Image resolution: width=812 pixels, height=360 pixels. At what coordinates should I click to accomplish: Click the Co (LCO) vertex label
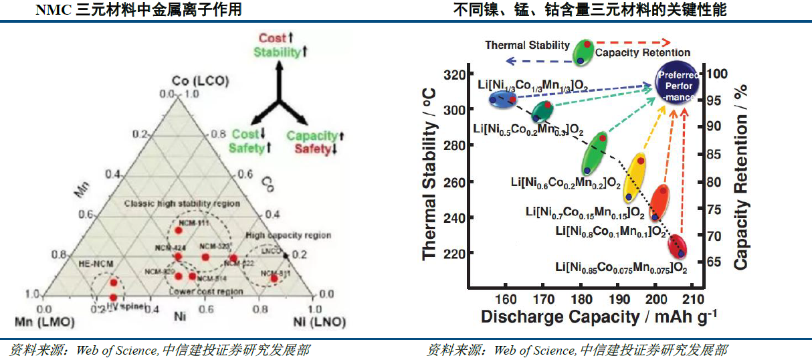(x=200, y=80)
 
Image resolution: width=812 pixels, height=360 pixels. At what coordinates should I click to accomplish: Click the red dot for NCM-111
(x=179, y=230)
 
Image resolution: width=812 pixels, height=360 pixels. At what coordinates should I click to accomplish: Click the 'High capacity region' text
(x=288, y=236)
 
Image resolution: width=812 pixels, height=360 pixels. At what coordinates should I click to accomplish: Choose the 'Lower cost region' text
(x=205, y=292)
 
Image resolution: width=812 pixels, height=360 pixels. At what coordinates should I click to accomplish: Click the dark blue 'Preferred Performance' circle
(x=678, y=86)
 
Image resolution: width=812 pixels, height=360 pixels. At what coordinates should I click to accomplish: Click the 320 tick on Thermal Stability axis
(x=457, y=74)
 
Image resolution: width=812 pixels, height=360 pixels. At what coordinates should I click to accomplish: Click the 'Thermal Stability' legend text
(x=527, y=46)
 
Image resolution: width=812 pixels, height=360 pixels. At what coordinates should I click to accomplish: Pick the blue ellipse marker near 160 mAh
(x=502, y=100)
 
